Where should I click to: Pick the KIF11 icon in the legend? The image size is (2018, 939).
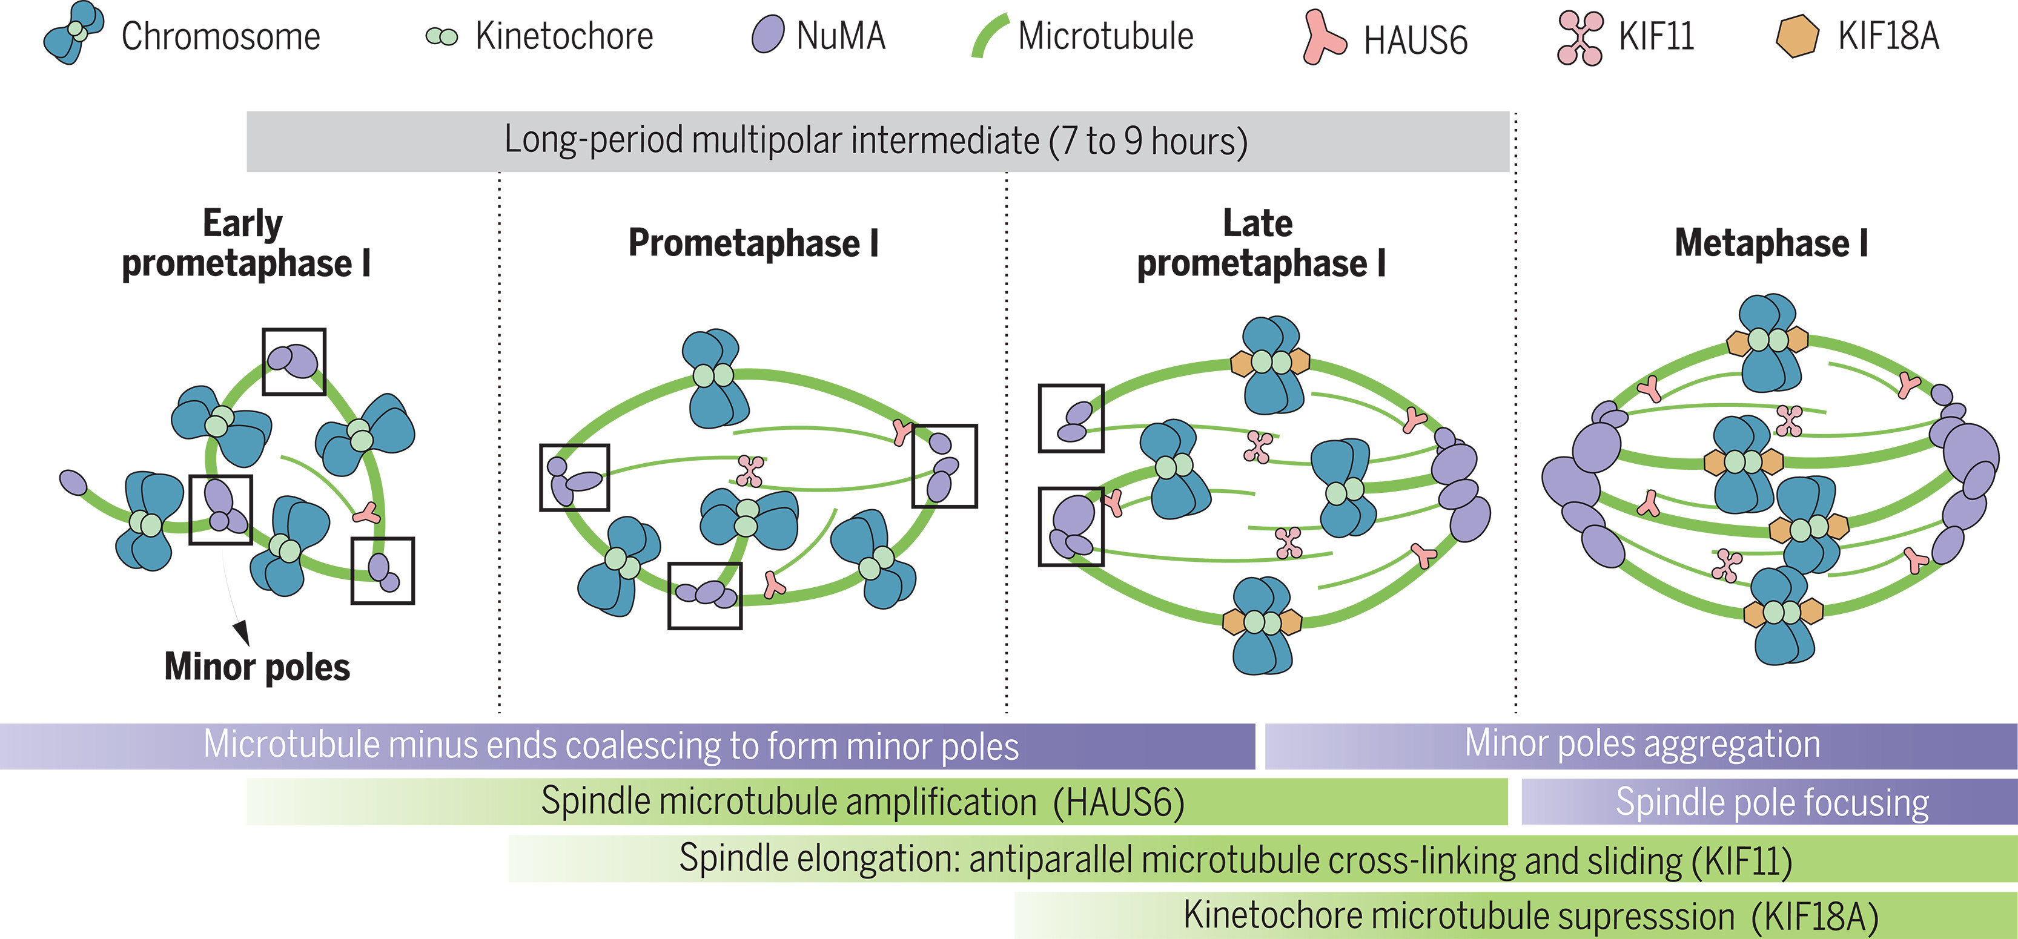tap(1580, 38)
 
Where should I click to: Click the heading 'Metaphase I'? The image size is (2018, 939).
tap(1770, 243)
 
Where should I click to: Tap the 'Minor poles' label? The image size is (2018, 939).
tap(257, 667)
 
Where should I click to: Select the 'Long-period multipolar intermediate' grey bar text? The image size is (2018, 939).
tap(876, 141)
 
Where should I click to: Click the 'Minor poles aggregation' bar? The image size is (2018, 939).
tap(1642, 744)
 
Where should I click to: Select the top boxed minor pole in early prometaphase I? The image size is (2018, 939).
tap(294, 361)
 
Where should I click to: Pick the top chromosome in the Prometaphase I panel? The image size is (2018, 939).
tap(713, 378)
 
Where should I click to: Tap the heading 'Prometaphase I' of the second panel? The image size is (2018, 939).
tap(753, 243)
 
